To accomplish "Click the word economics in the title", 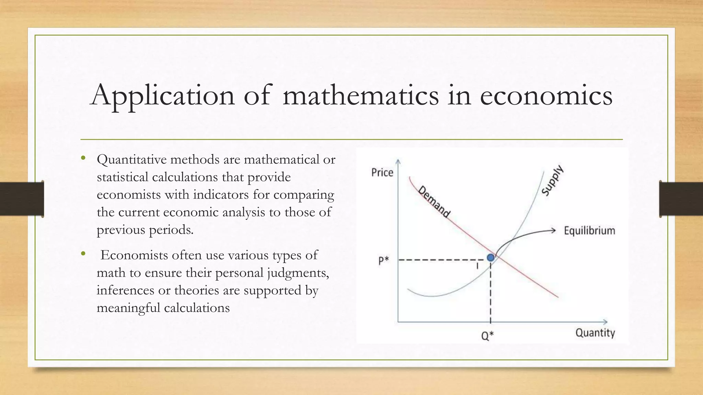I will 546,95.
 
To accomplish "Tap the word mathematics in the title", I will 360,95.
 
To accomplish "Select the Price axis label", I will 382,172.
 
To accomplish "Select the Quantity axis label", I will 595,333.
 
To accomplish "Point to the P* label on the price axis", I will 383,261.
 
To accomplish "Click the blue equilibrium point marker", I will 491,257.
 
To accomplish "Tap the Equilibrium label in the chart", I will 589,230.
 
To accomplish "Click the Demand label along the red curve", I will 434,202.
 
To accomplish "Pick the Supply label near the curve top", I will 552,180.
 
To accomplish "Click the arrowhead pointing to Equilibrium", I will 553,230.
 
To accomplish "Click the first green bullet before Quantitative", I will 83,158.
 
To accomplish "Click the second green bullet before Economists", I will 83,254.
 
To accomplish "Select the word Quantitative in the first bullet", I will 131,160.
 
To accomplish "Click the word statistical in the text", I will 123,177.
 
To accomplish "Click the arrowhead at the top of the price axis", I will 398,161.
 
